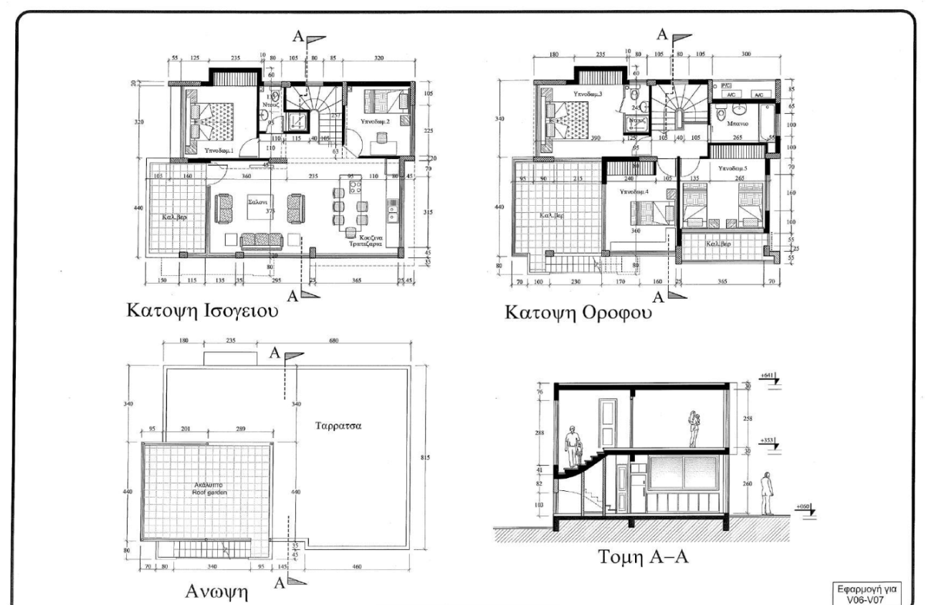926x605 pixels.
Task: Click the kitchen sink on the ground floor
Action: pyautogui.click(x=393, y=209)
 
